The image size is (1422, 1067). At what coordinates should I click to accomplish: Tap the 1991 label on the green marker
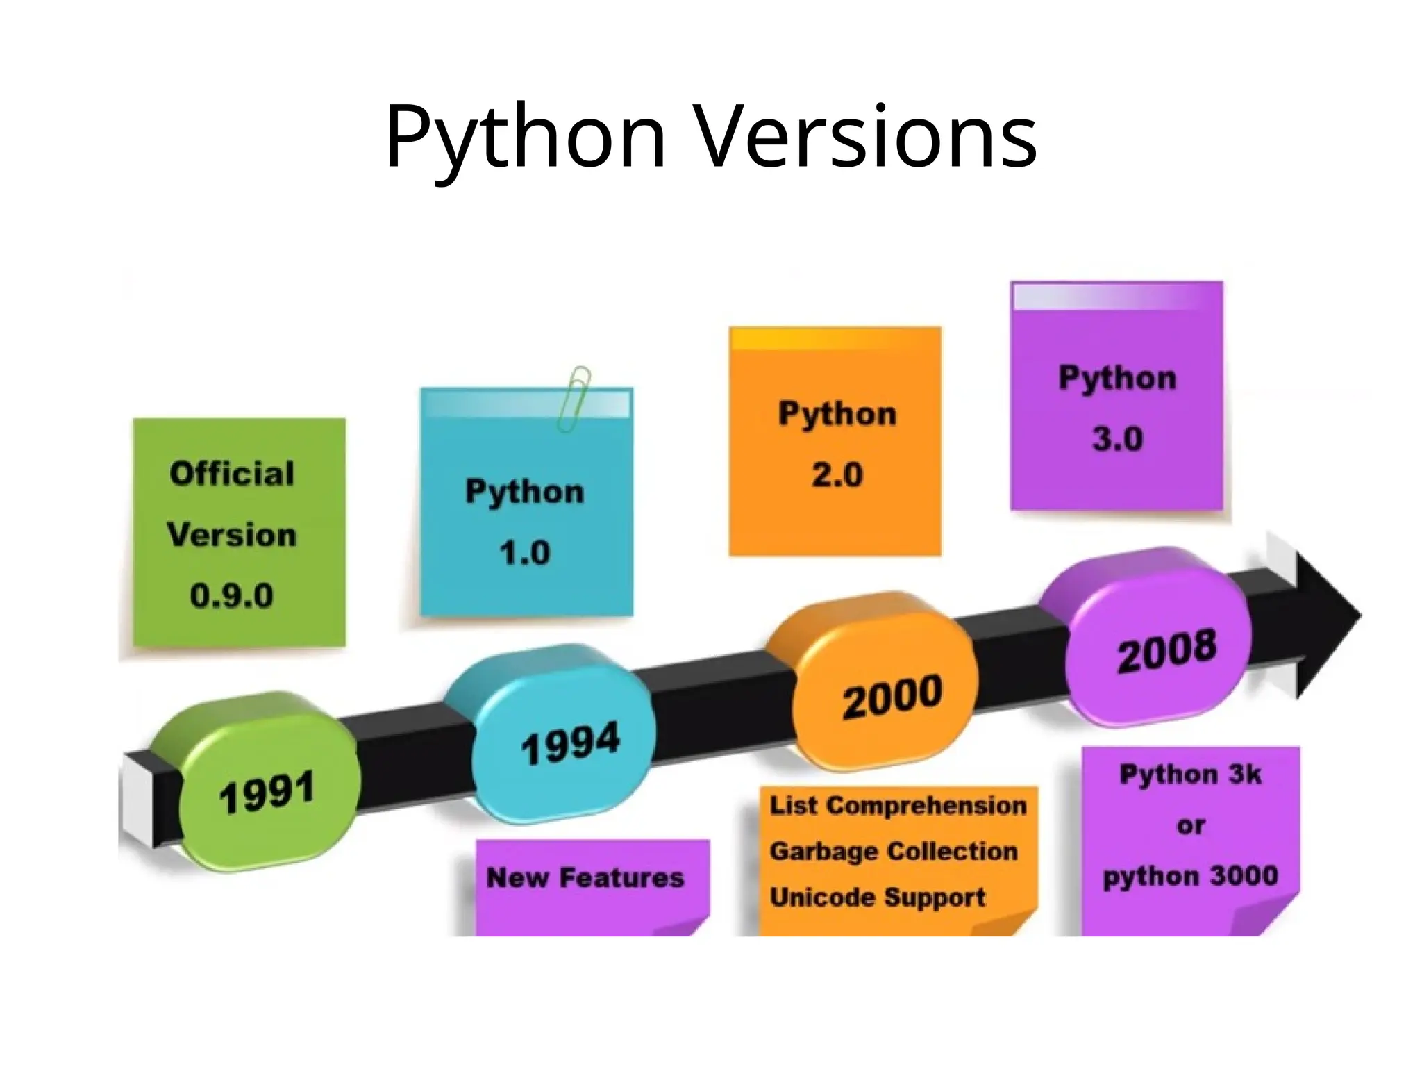(x=267, y=793)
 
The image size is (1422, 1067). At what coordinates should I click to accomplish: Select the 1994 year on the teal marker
(x=570, y=743)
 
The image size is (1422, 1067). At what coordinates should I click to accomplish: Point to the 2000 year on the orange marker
(x=892, y=697)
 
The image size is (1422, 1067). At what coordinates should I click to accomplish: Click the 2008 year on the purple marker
(x=1166, y=651)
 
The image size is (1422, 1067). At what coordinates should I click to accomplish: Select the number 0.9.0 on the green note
(x=232, y=596)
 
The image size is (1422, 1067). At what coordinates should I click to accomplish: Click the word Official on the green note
(x=232, y=474)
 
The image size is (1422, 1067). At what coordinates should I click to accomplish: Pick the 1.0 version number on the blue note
(x=524, y=553)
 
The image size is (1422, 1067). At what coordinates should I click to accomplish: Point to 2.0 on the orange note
(x=837, y=475)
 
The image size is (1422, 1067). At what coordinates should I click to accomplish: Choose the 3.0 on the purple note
(x=1117, y=439)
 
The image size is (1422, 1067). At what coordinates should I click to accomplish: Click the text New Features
(x=585, y=878)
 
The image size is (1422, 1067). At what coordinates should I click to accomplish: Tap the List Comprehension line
(x=898, y=806)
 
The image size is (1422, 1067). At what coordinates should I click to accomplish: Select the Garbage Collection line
(x=894, y=852)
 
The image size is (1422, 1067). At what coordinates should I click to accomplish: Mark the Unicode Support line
(x=878, y=898)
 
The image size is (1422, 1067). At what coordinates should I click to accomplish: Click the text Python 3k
(x=1190, y=774)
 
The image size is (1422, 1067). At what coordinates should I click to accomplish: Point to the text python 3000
(x=1190, y=876)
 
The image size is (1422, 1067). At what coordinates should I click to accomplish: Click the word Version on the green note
(x=232, y=535)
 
